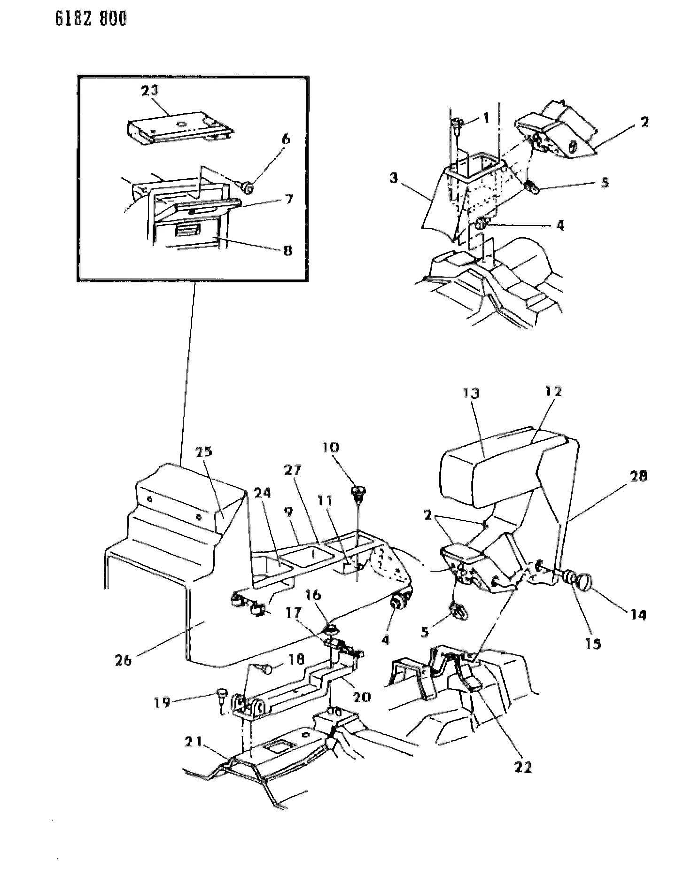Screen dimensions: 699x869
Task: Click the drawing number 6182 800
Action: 91,19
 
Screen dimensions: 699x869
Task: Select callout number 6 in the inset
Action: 286,139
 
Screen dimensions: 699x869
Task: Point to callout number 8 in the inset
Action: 287,250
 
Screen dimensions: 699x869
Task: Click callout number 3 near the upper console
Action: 394,178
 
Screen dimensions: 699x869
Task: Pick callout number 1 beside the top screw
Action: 486,118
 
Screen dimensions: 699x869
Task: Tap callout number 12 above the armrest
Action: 553,391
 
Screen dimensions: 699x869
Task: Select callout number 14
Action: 638,614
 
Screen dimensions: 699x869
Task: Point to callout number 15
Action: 593,643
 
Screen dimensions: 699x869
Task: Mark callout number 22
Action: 522,767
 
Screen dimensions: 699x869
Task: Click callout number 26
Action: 124,660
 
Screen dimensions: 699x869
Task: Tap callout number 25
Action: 203,452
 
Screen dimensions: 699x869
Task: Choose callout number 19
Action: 162,703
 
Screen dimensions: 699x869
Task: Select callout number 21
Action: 194,742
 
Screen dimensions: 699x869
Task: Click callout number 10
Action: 330,447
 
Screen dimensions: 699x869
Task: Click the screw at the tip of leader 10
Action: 358,494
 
